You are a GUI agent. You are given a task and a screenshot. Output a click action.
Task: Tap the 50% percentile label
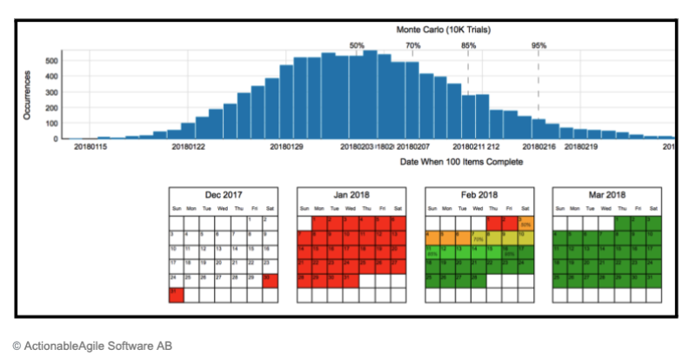click(357, 45)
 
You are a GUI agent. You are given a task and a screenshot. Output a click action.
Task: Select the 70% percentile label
click(413, 45)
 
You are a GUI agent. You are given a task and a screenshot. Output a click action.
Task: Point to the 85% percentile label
click(468, 45)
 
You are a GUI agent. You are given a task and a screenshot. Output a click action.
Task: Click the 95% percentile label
click(539, 45)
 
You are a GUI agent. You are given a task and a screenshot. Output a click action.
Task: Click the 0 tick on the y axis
click(56, 138)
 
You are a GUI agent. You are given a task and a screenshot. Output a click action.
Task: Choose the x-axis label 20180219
click(582, 149)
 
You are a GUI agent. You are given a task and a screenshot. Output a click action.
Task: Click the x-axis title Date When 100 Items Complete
click(461, 162)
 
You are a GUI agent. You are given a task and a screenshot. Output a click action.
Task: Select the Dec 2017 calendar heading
click(224, 195)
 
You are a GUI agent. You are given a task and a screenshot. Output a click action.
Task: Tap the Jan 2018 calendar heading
click(351, 195)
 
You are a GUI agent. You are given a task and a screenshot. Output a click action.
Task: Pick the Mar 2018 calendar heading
click(606, 195)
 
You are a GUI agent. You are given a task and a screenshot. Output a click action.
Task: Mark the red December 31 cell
click(177, 295)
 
